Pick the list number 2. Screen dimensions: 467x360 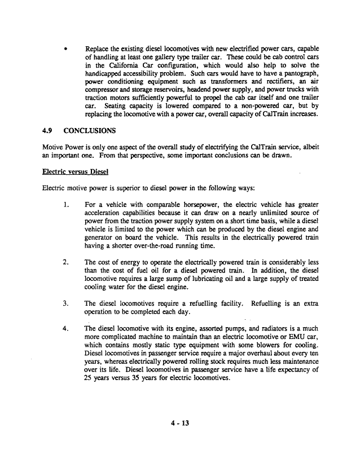click(66, 262)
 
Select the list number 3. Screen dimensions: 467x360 click(66, 303)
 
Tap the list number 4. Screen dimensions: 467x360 click(66, 328)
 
